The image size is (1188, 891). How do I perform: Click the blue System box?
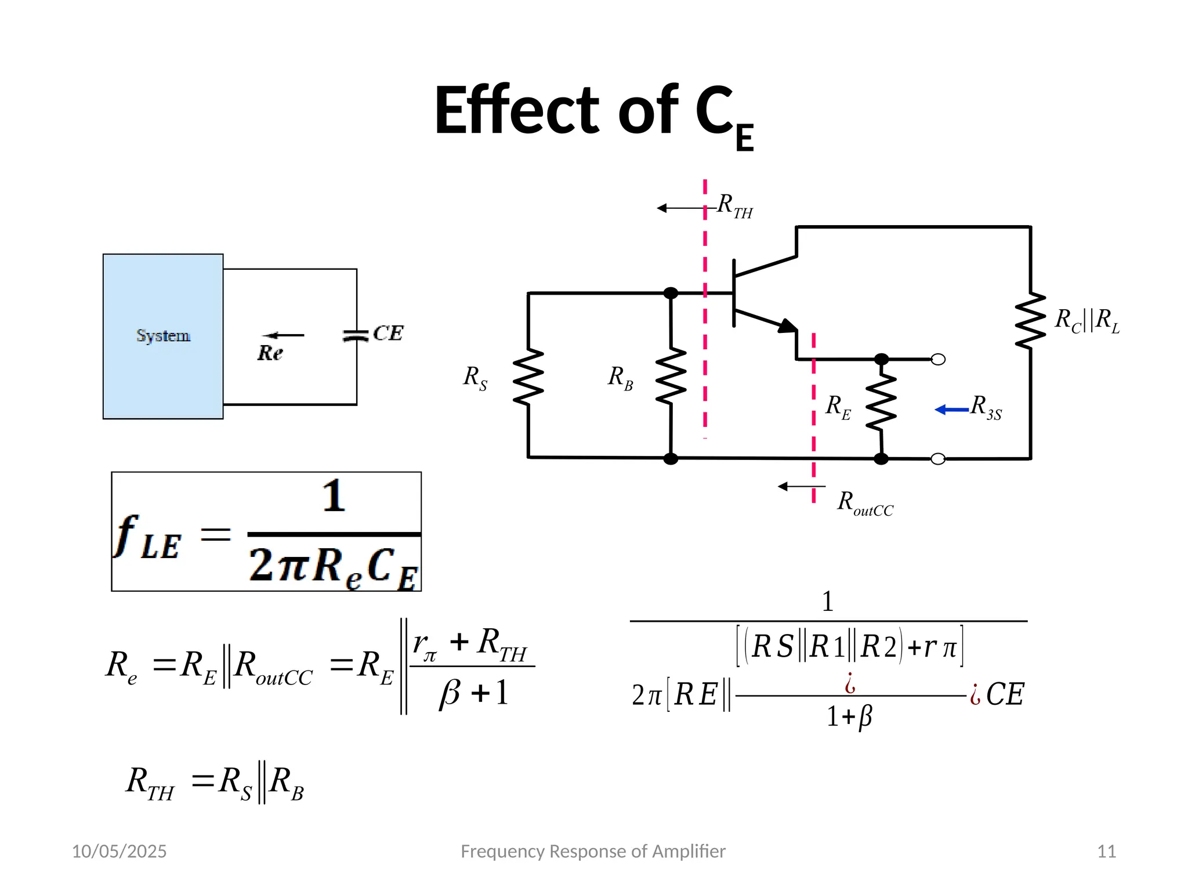pyautogui.click(x=163, y=336)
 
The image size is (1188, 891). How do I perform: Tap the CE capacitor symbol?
pyautogui.click(x=356, y=336)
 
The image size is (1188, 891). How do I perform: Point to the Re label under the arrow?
pyautogui.click(x=270, y=353)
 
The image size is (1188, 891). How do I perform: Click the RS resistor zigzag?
pyautogui.click(x=528, y=376)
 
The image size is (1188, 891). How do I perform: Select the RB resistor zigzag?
pyautogui.click(x=671, y=376)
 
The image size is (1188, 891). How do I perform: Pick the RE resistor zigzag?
pyautogui.click(x=881, y=402)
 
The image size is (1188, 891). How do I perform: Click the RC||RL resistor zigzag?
pyautogui.click(x=1030, y=321)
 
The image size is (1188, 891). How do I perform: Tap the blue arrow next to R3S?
pyautogui.click(x=951, y=410)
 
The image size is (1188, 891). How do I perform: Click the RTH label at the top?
pyautogui.click(x=734, y=205)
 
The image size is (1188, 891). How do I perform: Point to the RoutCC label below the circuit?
pyautogui.click(x=865, y=503)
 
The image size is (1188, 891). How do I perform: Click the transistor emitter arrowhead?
pyautogui.click(x=788, y=326)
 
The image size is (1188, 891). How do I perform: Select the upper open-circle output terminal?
pyautogui.click(x=938, y=360)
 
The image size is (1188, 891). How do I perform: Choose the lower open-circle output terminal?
pyautogui.click(x=938, y=459)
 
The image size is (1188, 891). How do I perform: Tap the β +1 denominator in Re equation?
pyautogui.click(x=473, y=693)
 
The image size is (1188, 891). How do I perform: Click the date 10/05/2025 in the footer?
pyautogui.click(x=119, y=851)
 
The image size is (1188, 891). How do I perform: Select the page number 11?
pyautogui.click(x=1106, y=851)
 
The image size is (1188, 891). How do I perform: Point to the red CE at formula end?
pyautogui.click(x=1005, y=694)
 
